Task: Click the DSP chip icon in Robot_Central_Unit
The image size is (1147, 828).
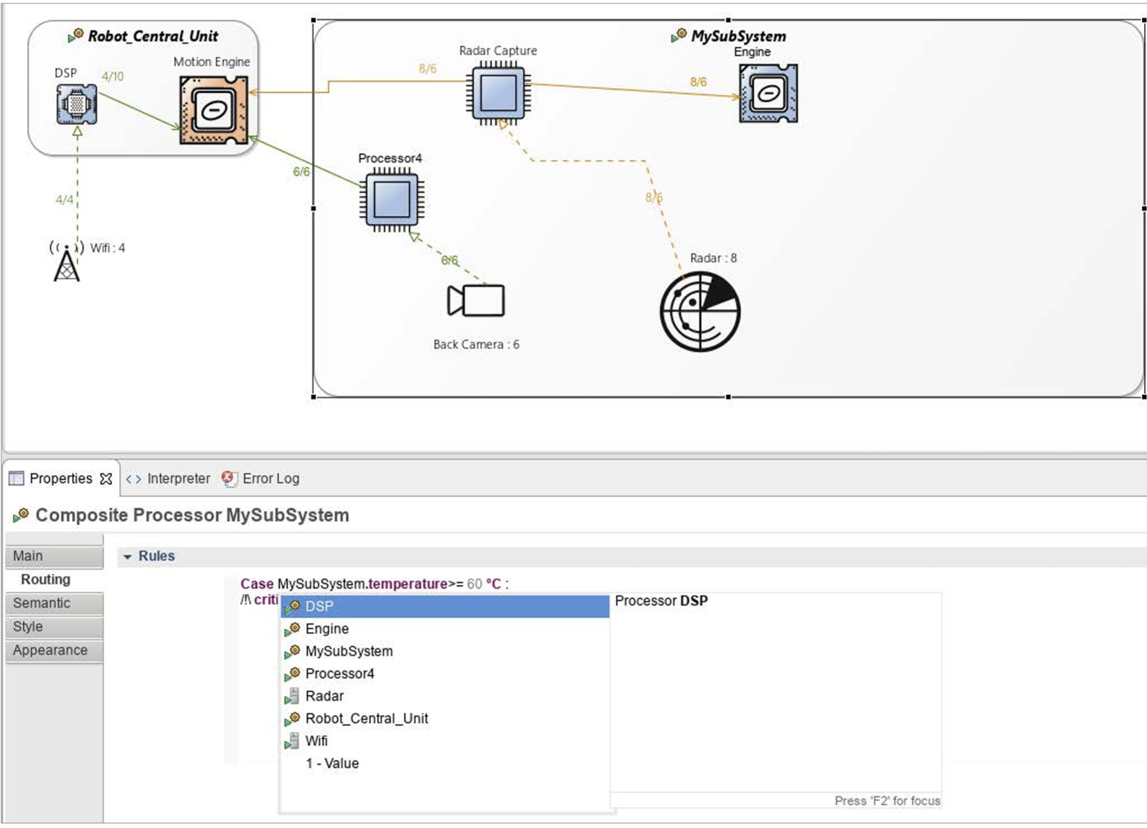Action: click(77, 104)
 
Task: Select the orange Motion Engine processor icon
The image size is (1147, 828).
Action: click(214, 110)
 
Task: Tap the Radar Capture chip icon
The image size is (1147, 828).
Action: click(498, 94)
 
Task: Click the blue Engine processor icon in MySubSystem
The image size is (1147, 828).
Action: click(768, 93)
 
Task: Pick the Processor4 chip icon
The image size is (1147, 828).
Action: click(392, 199)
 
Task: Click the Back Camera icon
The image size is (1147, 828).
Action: click(476, 300)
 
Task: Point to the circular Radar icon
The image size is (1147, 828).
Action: click(700, 312)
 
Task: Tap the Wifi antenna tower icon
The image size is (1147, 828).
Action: click(66, 260)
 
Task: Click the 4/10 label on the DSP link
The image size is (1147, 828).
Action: click(112, 76)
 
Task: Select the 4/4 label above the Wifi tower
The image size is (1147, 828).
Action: click(65, 199)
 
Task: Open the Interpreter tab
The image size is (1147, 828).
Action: click(168, 479)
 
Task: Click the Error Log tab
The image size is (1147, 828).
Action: click(261, 479)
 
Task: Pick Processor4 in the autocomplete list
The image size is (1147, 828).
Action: click(339, 673)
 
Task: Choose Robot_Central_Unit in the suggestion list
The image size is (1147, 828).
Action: click(367, 718)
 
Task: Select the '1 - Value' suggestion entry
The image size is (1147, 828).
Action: click(332, 763)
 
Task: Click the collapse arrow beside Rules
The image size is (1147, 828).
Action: click(127, 557)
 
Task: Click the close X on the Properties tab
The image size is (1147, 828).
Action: click(106, 479)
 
